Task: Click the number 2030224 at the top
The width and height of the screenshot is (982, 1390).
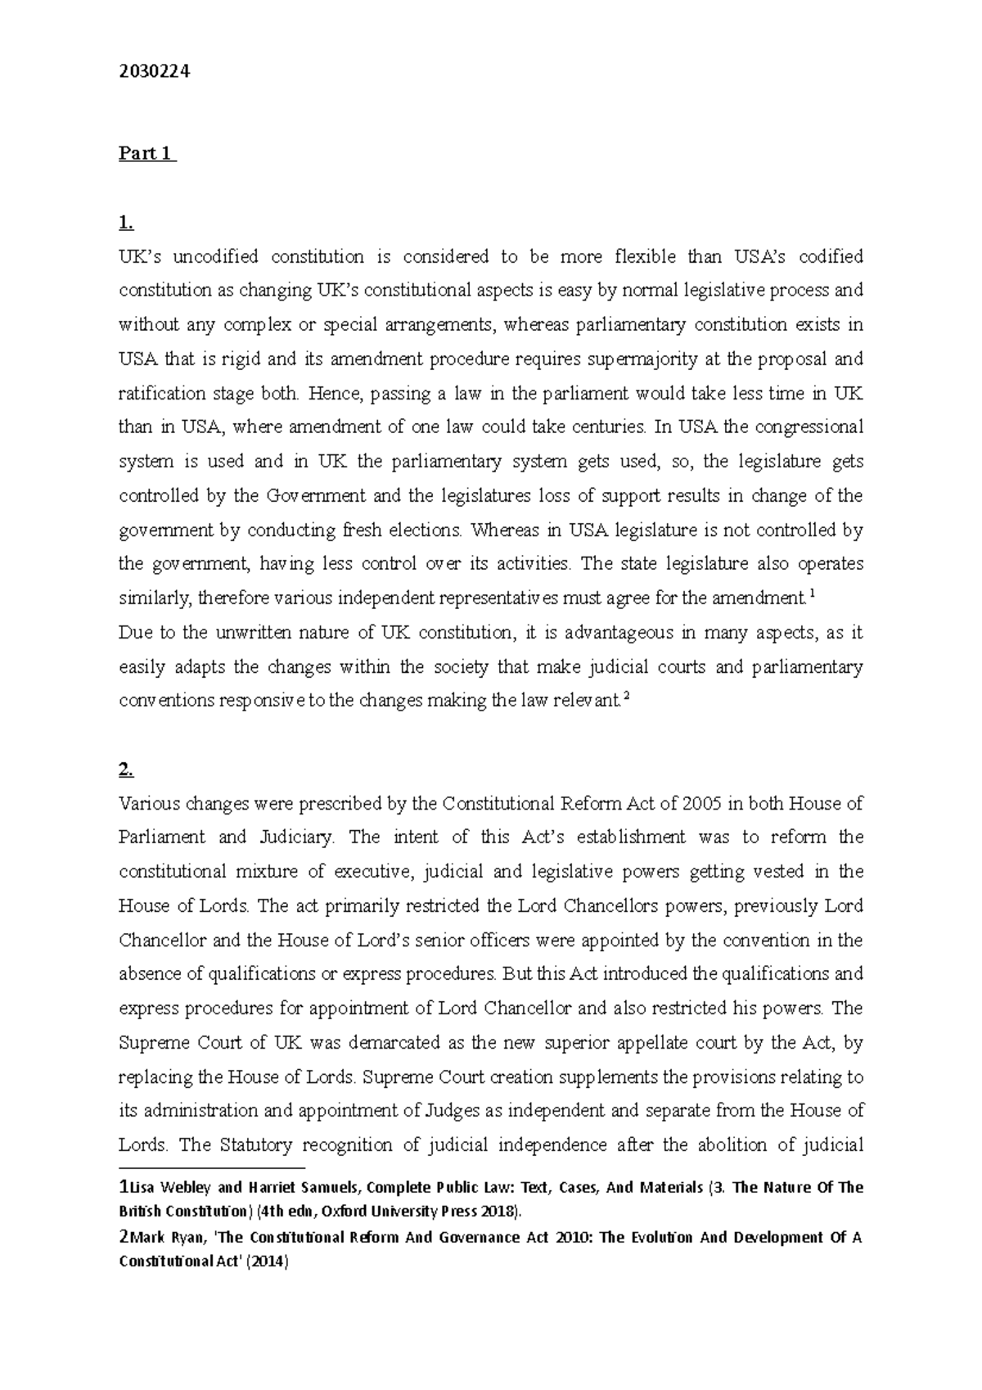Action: [154, 72]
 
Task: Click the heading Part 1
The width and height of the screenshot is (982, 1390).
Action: [146, 154]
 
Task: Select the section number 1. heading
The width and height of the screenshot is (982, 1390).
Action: [125, 223]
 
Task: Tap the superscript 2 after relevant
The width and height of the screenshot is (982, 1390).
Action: [626, 697]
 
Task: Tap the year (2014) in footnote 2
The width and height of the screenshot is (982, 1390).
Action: [268, 1262]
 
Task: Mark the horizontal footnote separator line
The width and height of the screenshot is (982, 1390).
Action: [211, 1168]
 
